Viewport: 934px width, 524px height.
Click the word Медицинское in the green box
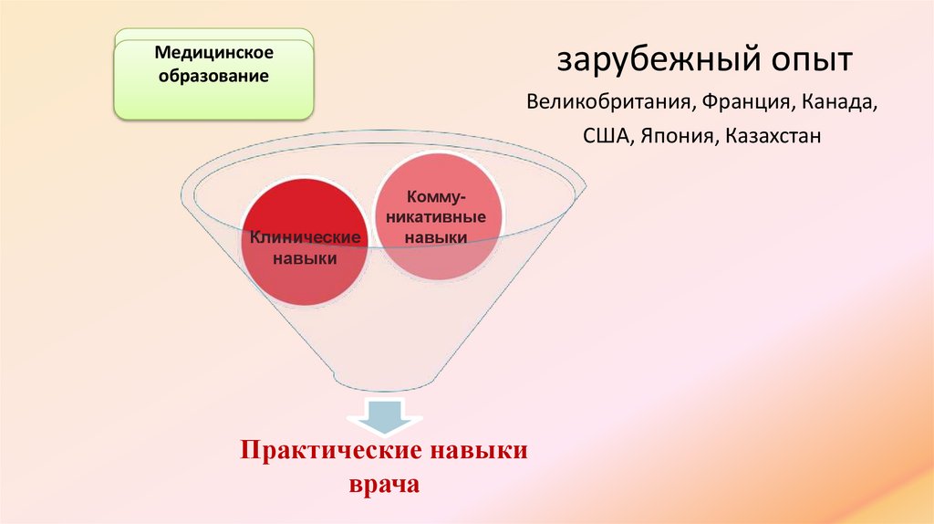(x=214, y=56)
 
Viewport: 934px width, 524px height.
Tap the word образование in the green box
(x=214, y=77)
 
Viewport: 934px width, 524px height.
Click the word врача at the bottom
(x=383, y=484)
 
